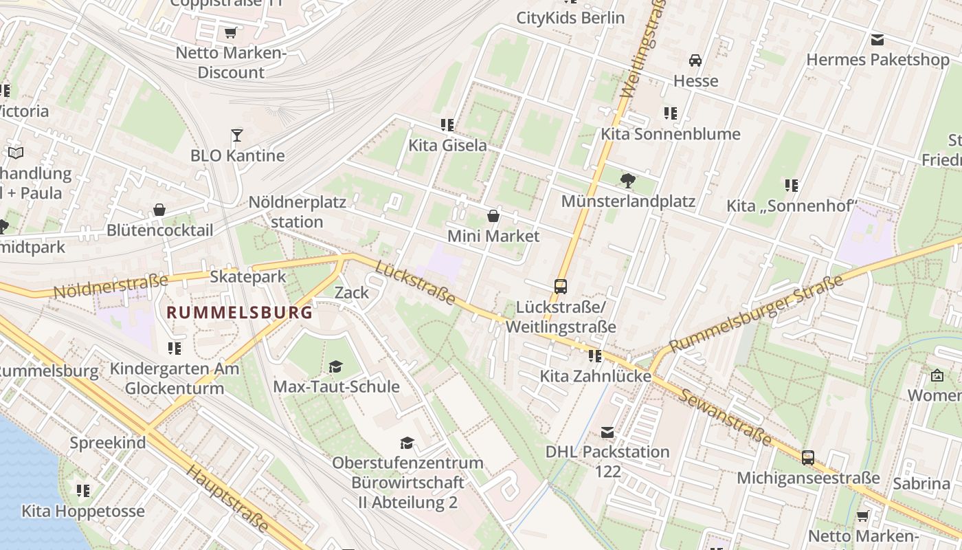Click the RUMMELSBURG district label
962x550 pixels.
[x=240, y=312]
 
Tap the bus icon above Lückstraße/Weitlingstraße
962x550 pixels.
[x=561, y=286]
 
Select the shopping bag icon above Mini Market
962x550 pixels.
[x=493, y=216]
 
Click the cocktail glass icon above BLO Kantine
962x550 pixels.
[x=237, y=135]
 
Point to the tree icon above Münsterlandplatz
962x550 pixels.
[x=627, y=181]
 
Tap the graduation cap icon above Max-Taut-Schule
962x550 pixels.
[x=335, y=366]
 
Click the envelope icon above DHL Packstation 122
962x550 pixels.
[x=607, y=432]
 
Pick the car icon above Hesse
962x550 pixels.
[x=695, y=60]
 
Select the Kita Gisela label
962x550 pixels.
[x=447, y=145]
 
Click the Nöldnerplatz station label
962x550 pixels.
[x=297, y=212]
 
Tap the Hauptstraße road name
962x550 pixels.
[x=227, y=498]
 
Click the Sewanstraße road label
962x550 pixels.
[x=726, y=417]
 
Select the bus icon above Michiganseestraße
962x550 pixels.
[x=808, y=457]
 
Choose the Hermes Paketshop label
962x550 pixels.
[x=877, y=60]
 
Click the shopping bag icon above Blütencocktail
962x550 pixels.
[x=159, y=210]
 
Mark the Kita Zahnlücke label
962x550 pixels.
[x=595, y=376]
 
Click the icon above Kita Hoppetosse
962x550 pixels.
[x=83, y=490]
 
